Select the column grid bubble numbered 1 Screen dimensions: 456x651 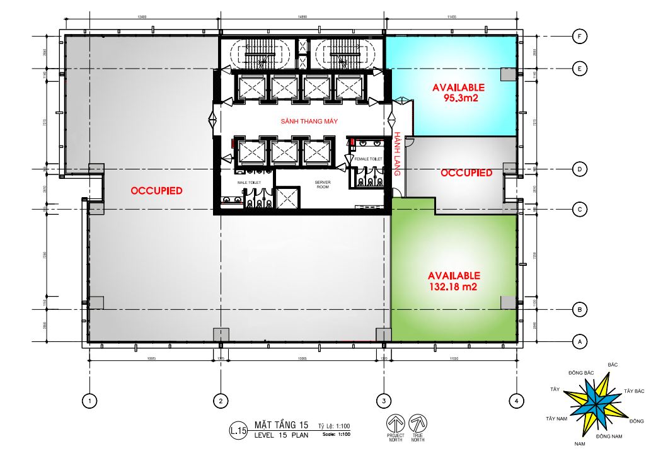click(x=91, y=400)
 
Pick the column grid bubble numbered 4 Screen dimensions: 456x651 click(x=516, y=400)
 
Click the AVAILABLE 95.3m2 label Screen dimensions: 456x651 click(x=458, y=92)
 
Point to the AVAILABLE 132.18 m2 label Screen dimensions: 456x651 click(x=454, y=281)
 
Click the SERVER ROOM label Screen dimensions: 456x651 click(x=322, y=185)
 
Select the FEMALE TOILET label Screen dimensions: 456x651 click(x=368, y=159)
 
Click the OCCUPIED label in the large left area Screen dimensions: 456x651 click(x=156, y=190)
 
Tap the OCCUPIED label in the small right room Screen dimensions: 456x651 click(x=466, y=173)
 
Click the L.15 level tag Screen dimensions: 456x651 click(x=238, y=431)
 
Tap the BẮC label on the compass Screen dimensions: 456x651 click(x=612, y=365)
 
